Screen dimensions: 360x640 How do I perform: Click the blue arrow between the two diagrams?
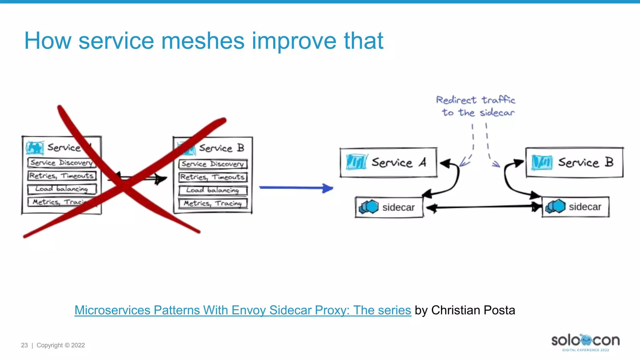coord(296,188)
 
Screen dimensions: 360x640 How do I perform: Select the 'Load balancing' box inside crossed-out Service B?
coord(213,190)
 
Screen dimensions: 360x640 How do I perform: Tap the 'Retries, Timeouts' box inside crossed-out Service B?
coord(213,177)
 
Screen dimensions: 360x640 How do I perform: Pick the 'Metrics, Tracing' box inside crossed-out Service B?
coord(213,203)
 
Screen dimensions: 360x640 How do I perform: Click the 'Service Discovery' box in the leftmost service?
coord(62,163)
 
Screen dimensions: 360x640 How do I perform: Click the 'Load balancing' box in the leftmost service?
coord(62,189)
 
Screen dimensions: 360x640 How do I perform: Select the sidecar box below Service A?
coord(389,207)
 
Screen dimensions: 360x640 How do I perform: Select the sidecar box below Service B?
coord(575,207)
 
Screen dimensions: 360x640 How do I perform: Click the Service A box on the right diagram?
coord(388,162)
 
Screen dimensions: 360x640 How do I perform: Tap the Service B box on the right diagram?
coord(574,162)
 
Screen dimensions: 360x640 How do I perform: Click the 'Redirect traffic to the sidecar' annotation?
coord(476,106)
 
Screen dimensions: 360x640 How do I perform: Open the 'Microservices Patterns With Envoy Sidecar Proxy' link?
coord(242,310)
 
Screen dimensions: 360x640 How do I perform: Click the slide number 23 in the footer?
coord(24,345)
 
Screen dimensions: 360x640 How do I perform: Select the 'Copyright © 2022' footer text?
coord(61,345)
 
